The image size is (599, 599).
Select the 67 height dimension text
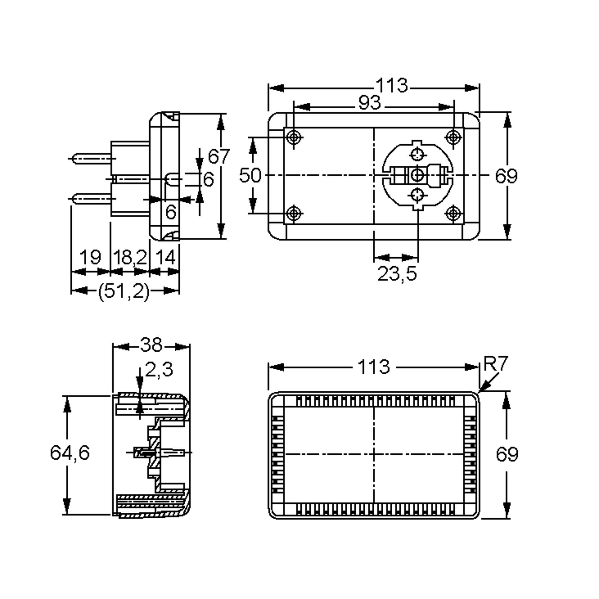tap(219, 156)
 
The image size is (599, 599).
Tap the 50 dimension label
tap(250, 175)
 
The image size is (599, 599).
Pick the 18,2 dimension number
tap(130, 257)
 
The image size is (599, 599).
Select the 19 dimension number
tap(90, 257)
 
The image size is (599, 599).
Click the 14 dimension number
tap(165, 257)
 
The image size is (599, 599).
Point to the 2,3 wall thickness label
tap(159, 370)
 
